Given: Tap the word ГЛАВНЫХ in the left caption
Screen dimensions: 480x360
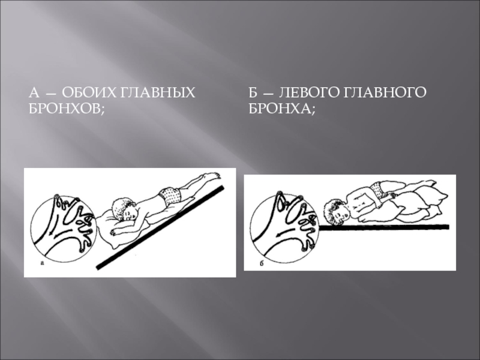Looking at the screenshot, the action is (155, 92).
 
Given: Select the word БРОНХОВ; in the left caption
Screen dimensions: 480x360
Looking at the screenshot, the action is (67, 109).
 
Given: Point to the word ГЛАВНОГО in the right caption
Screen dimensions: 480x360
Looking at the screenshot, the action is (385, 92).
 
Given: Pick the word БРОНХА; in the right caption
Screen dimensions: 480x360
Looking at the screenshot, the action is (282, 109).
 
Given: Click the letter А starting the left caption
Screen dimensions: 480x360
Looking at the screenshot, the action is (34, 92).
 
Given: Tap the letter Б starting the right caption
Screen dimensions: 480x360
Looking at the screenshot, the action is (253, 92).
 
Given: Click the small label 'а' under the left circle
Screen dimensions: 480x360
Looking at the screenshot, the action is (42, 263).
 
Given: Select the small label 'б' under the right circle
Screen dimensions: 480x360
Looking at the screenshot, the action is (262, 263).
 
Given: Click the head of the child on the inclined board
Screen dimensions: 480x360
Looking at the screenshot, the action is (125, 209).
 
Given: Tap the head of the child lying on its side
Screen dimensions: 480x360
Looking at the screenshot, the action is (336, 211).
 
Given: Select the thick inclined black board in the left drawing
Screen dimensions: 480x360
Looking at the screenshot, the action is (160, 227).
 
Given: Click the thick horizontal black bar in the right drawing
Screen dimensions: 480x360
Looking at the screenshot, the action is (384, 227).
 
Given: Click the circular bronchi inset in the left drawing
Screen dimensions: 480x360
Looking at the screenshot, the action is (64, 229).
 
